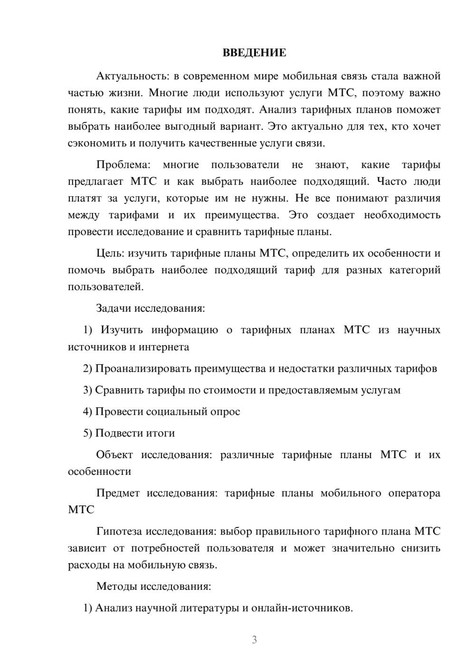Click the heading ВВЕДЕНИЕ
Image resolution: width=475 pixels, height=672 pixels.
pos(254,53)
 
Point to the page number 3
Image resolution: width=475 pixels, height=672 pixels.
pos(254,640)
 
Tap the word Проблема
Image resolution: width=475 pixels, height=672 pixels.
pos(123,165)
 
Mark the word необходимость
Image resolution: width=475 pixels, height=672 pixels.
pos(402,215)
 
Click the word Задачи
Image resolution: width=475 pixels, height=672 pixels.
pos(114,308)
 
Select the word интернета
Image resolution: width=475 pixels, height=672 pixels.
pos(164,347)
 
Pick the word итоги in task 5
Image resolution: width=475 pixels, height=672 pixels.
pos(161,433)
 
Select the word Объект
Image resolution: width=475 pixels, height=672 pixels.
pos(114,455)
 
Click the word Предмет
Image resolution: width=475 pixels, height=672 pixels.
pos(118,493)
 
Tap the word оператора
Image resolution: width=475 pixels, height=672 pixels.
pos(414,493)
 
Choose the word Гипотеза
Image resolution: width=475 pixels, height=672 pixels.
pos(119,531)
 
